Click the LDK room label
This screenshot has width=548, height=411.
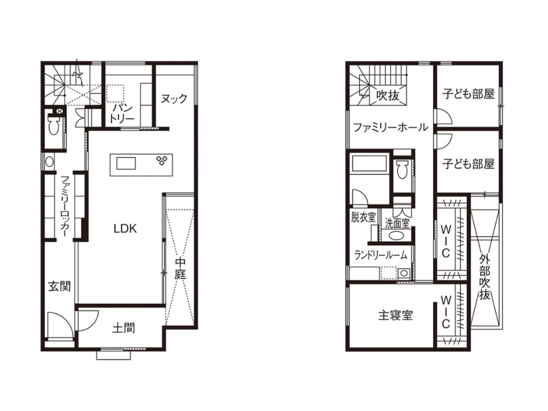tap(125, 229)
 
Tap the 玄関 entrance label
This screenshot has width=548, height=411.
tap(59, 286)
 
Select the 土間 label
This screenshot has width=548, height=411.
tap(124, 328)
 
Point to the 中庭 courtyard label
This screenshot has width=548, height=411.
tap(180, 269)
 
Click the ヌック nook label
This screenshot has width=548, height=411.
tap(174, 99)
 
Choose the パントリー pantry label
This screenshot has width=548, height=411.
tap(122, 114)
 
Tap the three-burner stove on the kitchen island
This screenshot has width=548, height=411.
tap(162, 160)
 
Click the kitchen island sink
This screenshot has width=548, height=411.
tap(126, 163)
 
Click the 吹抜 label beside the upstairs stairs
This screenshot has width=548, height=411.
tap(388, 95)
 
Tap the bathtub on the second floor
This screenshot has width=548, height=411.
tap(369, 163)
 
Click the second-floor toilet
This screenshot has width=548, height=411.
tap(402, 169)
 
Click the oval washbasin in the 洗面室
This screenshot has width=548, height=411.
tap(397, 235)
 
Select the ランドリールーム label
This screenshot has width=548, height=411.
tap(381, 255)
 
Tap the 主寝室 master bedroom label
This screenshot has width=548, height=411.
tap(395, 315)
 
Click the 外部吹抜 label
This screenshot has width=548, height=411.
tap(485, 278)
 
